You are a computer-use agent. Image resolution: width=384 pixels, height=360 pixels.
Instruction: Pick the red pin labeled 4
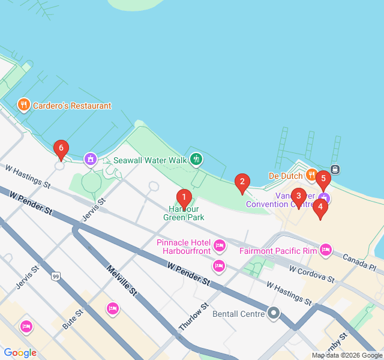(320, 208)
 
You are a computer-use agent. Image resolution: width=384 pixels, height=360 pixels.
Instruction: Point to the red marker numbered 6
(60, 149)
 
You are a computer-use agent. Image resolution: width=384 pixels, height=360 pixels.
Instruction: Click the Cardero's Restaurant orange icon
(24, 106)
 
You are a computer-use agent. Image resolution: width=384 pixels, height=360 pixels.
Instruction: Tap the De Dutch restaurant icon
(311, 175)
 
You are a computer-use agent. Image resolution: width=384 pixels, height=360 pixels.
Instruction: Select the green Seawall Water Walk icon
(196, 160)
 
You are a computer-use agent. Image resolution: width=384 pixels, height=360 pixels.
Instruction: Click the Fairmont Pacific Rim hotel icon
(326, 250)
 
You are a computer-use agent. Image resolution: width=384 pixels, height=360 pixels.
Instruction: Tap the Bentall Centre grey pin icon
(274, 313)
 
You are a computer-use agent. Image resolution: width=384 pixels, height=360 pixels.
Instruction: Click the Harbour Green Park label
(184, 213)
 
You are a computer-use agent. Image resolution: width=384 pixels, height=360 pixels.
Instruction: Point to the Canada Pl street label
(359, 261)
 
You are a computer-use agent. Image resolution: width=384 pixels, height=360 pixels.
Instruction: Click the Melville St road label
(122, 280)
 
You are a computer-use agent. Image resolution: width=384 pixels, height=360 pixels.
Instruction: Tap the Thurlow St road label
(194, 316)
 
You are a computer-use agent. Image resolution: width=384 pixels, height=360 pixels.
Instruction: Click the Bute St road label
(73, 320)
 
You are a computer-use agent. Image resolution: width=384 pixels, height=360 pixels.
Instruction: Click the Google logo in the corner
(20, 353)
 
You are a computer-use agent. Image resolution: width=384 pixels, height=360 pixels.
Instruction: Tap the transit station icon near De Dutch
(335, 169)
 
